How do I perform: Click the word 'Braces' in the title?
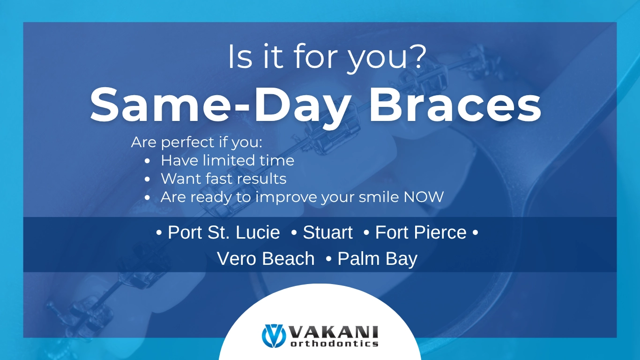click(455, 106)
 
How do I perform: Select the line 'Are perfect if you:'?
click(197, 142)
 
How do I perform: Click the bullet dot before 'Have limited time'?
click(148, 161)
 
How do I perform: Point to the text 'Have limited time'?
click(227, 161)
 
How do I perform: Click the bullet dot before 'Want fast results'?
click(148, 179)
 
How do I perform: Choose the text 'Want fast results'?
click(223, 179)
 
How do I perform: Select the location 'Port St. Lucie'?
click(223, 232)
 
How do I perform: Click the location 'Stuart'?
click(327, 232)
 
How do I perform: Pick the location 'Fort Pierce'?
click(421, 232)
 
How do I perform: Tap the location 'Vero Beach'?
click(266, 259)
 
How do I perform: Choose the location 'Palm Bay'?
click(377, 259)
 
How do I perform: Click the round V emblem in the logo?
click(274, 336)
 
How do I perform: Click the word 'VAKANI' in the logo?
click(334, 332)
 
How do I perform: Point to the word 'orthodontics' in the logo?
click(334, 344)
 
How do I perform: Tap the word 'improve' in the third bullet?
click(287, 197)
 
